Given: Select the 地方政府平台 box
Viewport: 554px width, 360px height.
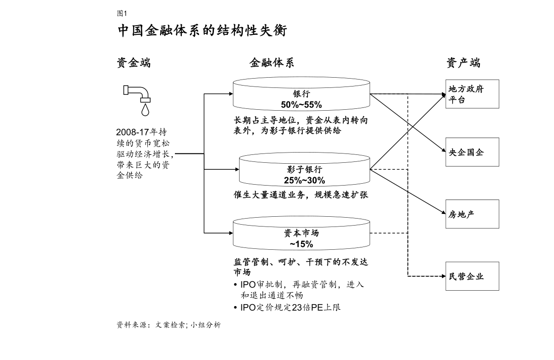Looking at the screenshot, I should [x=472, y=94].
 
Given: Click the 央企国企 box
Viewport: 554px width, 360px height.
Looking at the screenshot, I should [x=472, y=152].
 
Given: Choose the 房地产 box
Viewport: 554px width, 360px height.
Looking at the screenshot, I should [x=472, y=214].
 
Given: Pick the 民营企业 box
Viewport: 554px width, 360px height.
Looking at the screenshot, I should [x=472, y=276].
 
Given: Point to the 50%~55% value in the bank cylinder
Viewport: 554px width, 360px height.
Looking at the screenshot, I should [x=301, y=104].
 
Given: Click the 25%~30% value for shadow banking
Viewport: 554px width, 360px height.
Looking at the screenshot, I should [x=304, y=180].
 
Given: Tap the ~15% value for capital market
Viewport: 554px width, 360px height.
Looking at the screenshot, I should [x=301, y=244].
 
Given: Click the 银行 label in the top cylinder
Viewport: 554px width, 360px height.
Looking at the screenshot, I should [x=301, y=93].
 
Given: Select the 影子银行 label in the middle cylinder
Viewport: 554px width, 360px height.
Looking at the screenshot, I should [x=304, y=170].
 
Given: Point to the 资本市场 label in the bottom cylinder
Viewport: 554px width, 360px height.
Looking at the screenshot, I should [x=301, y=233].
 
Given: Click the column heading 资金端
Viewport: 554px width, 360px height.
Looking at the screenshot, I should [x=133, y=63].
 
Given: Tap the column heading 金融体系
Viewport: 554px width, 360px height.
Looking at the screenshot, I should [x=272, y=63].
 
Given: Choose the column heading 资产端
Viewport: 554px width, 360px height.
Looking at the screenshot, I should [x=463, y=63].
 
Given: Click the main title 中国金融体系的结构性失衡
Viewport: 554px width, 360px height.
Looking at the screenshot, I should [x=202, y=32].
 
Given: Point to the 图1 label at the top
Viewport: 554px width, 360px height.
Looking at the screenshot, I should [x=121, y=13].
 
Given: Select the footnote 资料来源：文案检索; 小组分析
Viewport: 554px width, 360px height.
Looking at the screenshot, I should [x=168, y=326].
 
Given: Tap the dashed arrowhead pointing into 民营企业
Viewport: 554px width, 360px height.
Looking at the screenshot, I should [x=442, y=276].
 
